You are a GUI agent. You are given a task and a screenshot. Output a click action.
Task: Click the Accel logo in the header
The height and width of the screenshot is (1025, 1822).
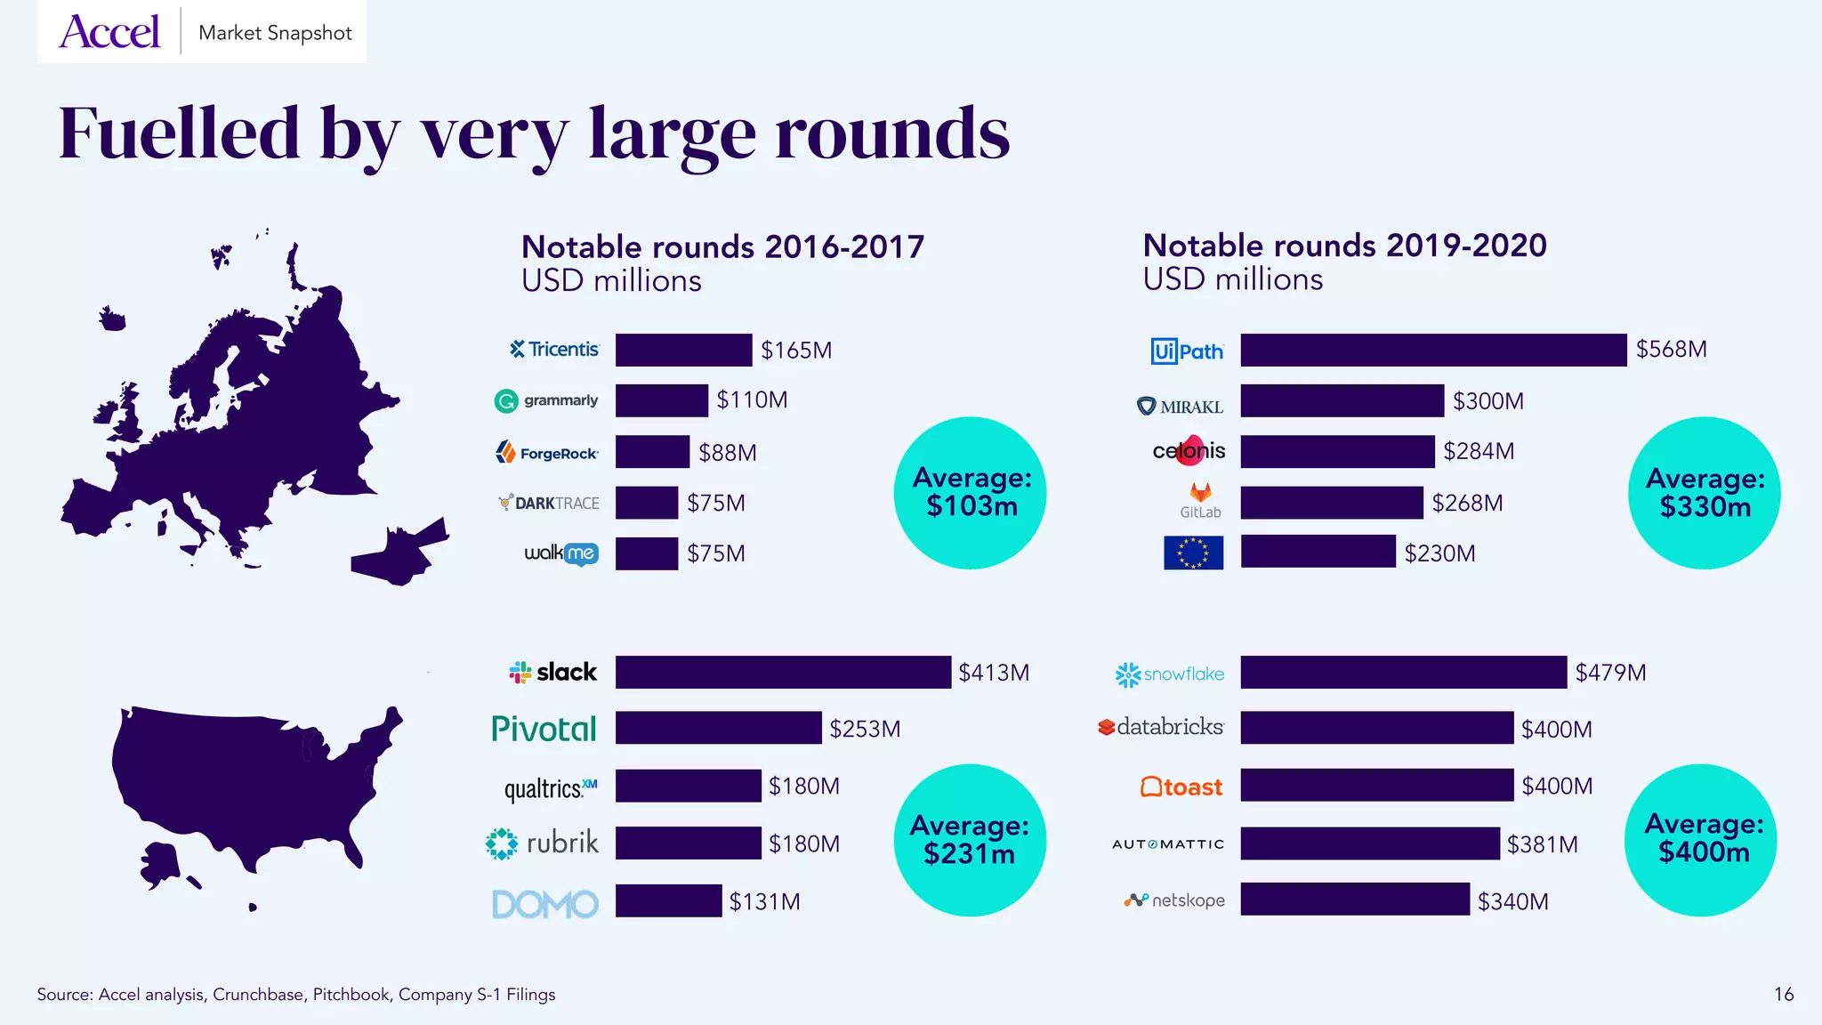[109, 32]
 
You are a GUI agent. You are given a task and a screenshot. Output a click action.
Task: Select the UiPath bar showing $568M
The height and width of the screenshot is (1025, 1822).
[1432, 350]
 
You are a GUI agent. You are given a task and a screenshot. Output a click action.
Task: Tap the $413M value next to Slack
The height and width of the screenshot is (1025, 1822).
[993, 673]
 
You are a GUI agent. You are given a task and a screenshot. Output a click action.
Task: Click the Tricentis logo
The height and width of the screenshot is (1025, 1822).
[554, 350]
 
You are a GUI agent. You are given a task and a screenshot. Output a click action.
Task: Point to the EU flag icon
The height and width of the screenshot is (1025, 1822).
[1193, 553]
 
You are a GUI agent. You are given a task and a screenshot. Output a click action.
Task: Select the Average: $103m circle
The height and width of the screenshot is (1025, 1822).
[970, 493]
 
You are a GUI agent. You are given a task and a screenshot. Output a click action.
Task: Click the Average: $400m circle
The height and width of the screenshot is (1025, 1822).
[1700, 839]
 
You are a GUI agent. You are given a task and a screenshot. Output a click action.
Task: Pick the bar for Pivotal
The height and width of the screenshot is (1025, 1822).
[718, 728]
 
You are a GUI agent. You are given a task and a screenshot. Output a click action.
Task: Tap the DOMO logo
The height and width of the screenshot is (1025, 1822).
[544, 904]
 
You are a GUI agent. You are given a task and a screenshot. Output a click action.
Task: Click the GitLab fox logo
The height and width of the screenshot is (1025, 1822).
[1200, 494]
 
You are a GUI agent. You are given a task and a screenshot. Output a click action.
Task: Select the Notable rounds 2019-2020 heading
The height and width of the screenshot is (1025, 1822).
[1343, 246]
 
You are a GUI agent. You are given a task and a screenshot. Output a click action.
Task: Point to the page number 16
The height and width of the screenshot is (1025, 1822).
[1783, 994]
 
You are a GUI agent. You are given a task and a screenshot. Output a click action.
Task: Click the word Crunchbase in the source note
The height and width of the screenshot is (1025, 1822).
[257, 995]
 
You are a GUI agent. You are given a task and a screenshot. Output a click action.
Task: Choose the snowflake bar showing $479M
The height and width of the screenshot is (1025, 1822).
[1403, 673]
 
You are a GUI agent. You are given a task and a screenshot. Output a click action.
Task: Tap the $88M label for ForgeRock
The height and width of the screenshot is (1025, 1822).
[727, 453]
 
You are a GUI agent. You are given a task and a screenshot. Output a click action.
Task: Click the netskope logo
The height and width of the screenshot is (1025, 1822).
[1174, 900]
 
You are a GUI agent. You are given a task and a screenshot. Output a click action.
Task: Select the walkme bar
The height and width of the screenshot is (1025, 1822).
[646, 553]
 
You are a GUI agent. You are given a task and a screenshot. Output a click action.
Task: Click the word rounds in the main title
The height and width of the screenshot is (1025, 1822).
[891, 133]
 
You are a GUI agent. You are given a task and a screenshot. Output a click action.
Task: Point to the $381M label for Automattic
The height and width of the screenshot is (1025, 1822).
[1542, 844]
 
